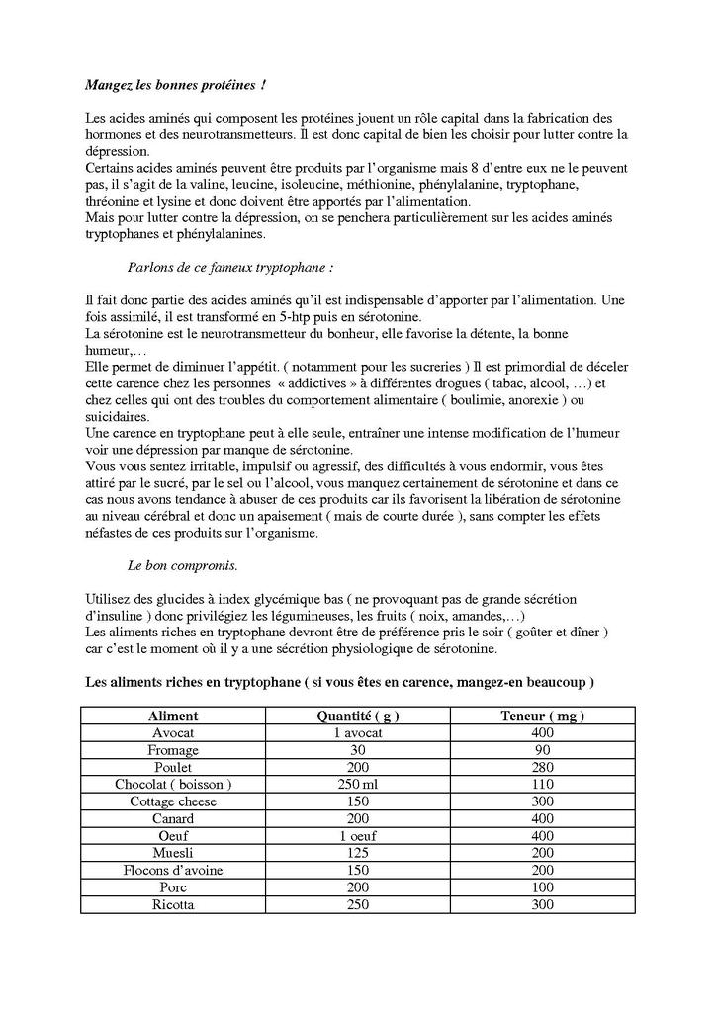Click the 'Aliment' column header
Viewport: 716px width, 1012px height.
[173, 716]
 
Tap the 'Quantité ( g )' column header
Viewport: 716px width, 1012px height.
[358, 716]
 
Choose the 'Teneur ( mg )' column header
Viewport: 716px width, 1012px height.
[542, 716]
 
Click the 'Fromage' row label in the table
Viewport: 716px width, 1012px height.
[173, 750]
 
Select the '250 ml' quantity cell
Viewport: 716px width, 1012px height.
[358, 784]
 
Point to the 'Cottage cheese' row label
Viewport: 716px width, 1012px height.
[173, 801]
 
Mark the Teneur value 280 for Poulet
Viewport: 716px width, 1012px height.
[542, 767]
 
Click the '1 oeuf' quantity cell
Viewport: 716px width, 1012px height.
[358, 835]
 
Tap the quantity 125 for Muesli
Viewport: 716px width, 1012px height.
[358, 852]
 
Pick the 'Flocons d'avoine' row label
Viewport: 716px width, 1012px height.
[173, 870]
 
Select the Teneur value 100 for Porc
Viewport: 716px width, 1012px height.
[542, 886]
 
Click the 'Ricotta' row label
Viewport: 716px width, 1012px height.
[173, 904]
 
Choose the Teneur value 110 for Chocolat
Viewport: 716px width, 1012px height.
[542, 784]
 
